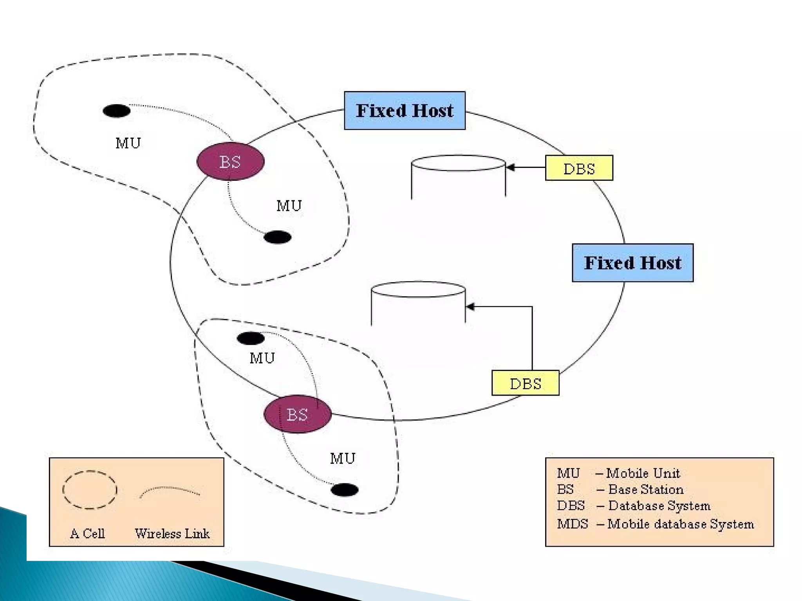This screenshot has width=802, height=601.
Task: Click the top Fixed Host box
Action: [405, 111]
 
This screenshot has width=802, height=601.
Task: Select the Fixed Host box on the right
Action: [632, 263]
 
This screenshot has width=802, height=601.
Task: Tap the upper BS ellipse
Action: [230, 162]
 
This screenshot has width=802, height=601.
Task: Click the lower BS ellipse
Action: [298, 414]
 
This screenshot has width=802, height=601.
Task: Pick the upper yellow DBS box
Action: [579, 168]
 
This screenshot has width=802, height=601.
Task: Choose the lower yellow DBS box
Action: [525, 383]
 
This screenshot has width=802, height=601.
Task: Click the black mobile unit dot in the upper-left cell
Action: [116, 111]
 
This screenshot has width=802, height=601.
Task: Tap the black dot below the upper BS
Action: [277, 237]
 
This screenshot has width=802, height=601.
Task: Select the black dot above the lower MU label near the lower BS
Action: [251, 338]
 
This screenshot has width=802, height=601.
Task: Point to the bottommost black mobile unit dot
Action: [344, 489]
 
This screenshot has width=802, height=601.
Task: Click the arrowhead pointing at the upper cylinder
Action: [510, 167]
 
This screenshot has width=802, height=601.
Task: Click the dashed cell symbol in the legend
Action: [90, 490]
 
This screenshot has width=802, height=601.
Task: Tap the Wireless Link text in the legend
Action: [172, 534]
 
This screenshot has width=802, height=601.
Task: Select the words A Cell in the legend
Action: [87, 534]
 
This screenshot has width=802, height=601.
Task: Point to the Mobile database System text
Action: [680, 524]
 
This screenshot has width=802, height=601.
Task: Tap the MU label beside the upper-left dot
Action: [128, 143]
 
